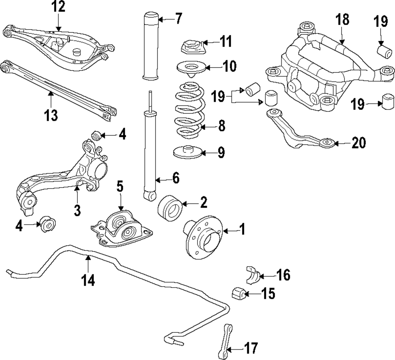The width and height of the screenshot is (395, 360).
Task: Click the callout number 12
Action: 58,7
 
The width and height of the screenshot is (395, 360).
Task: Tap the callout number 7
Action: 178,19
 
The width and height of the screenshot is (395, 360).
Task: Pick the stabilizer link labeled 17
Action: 225,341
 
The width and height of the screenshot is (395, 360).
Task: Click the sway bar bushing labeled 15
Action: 237,293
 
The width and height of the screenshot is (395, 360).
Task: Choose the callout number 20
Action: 359,143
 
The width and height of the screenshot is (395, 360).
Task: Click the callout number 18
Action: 342,20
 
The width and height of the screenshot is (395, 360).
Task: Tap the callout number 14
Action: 88,280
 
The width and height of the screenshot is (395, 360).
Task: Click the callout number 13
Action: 51,115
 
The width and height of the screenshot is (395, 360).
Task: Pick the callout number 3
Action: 77,210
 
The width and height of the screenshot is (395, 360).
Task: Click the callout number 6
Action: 176,178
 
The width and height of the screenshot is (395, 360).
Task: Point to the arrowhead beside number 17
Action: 229,349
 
